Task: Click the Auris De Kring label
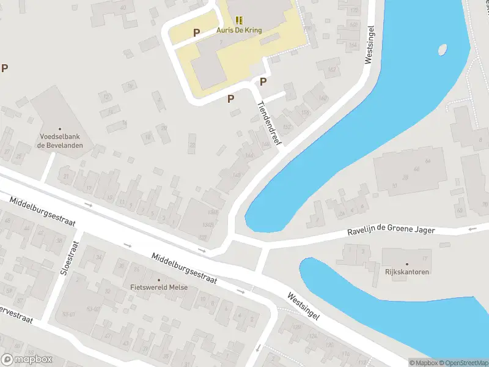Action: click(x=238, y=30)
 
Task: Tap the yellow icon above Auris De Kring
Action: click(x=238, y=20)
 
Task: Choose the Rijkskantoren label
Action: click(x=407, y=272)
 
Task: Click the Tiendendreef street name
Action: click(x=269, y=122)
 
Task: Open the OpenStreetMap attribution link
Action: click(x=461, y=363)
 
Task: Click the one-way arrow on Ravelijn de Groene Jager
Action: click(x=471, y=229)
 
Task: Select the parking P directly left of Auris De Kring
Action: click(x=196, y=33)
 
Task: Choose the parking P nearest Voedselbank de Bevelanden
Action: click(x=4, y=69)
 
